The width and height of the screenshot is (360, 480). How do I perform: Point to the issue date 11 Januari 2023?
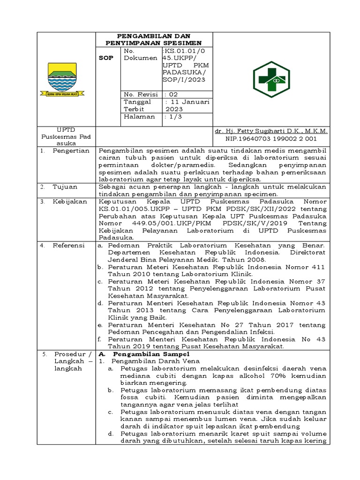187,105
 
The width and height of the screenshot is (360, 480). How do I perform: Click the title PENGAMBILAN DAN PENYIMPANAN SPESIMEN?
154,39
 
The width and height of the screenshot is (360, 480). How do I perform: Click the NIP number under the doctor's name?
271,139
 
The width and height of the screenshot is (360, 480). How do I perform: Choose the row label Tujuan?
66,187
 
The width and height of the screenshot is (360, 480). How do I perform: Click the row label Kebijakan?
70,201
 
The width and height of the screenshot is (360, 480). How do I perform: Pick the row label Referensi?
68,245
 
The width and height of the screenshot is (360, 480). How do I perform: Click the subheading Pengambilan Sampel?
142,353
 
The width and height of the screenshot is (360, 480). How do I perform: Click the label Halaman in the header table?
139,117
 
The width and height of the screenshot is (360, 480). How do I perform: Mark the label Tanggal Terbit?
137,105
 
